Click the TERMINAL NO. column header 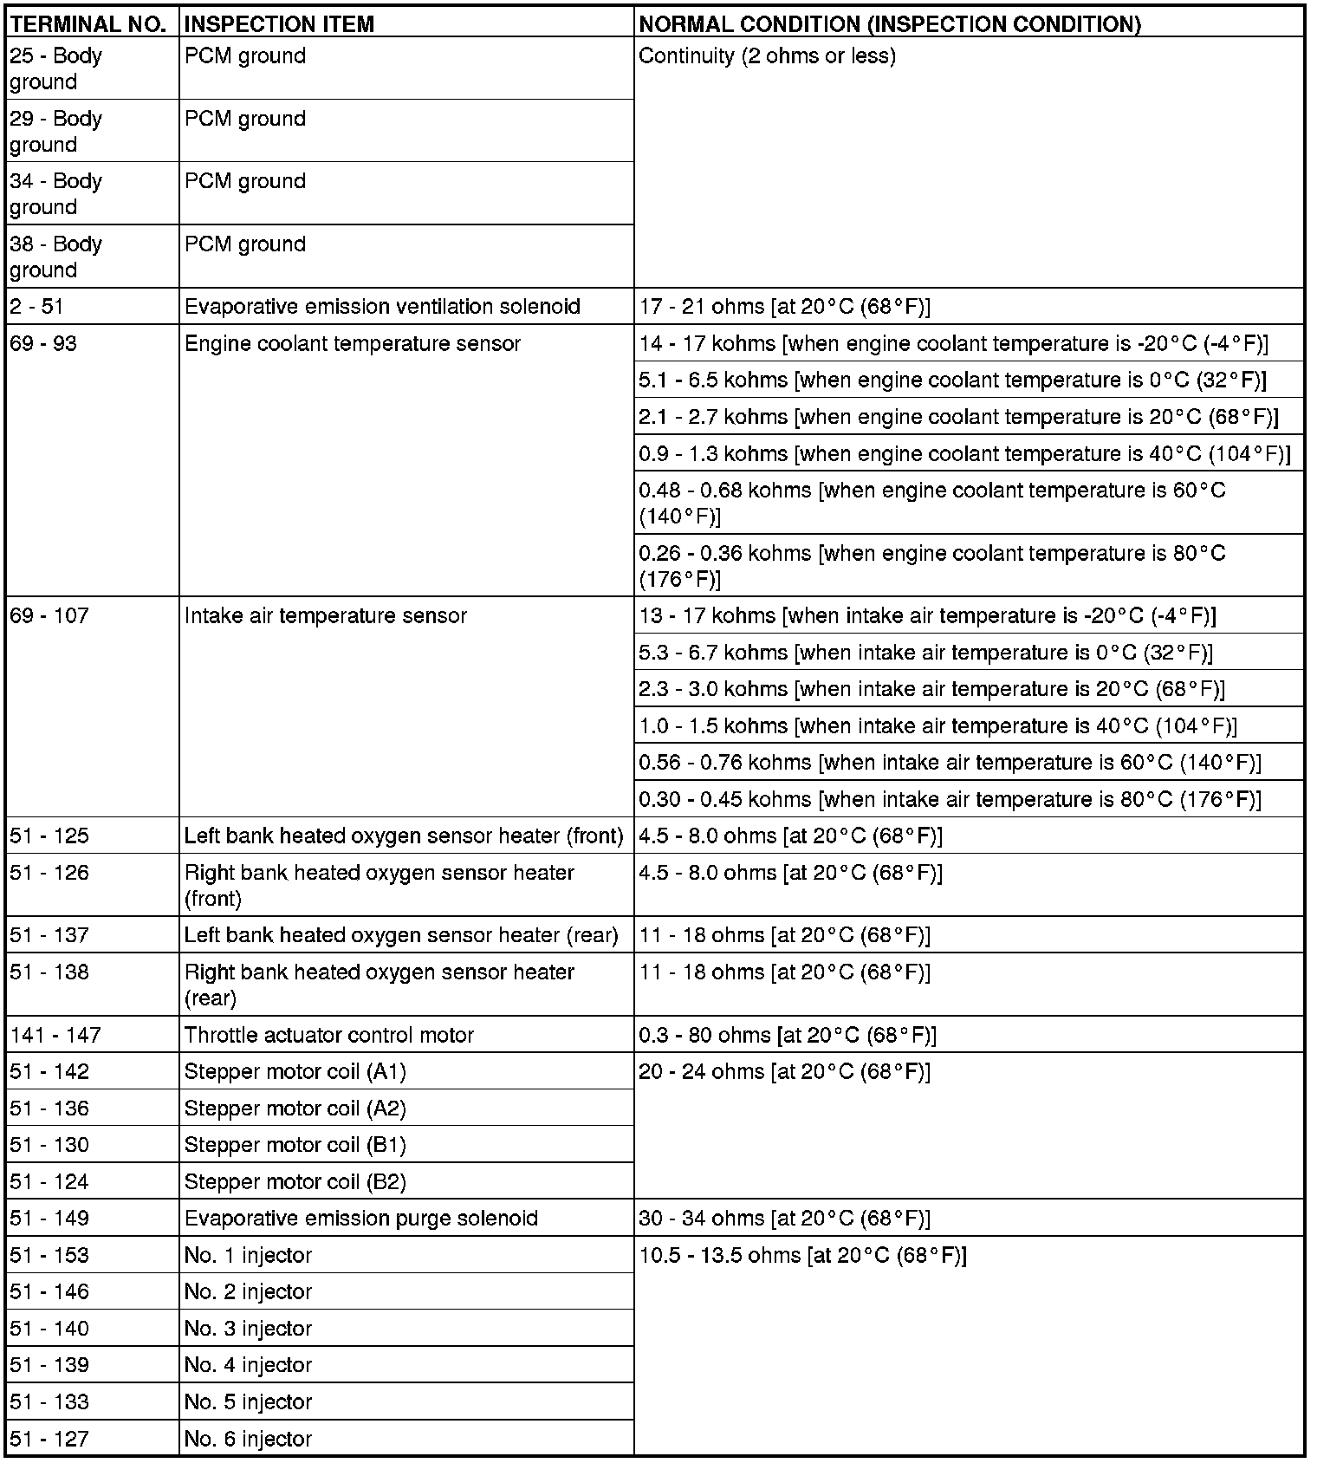[88, 24]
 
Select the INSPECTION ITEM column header [279, 24]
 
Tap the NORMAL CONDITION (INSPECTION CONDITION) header [889, 24]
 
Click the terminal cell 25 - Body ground [56, 68]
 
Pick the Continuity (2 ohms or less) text [767, 56]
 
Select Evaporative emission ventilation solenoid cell [382, 307]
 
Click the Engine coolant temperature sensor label [353, 344]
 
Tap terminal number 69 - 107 [49, 616]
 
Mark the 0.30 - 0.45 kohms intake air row [950, 799]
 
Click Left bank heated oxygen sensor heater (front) [404, 836]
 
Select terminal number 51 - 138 [49, 972]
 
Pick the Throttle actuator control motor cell [329, 1036]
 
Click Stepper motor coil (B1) [295, 1145]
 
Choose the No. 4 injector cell [248, 1365]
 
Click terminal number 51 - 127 [49, 1440]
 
